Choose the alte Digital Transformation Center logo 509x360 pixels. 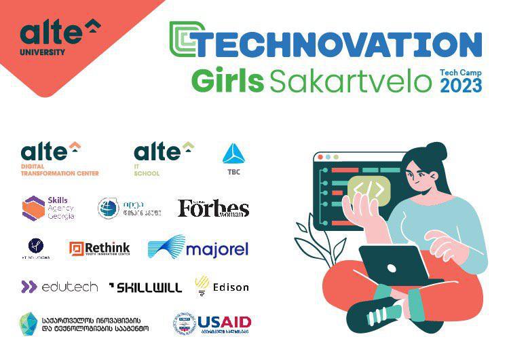point(60,158)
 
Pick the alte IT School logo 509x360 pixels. point(164,158)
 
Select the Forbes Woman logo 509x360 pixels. point(213,208)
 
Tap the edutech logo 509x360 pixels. point(60,287)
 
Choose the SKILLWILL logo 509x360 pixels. point(145,287)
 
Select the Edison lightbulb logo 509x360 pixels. point(221,287)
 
